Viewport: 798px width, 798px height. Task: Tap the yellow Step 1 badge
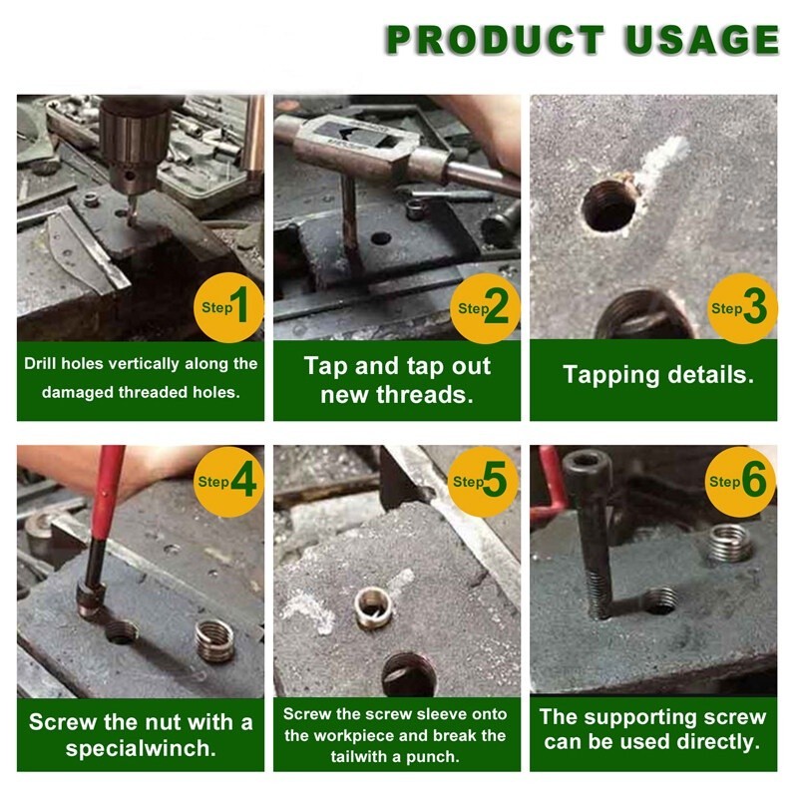[228, 307]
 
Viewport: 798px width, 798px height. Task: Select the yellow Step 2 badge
[485, 308]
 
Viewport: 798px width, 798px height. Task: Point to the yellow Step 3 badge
[742, 308]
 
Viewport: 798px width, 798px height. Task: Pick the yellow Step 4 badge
[228, 482]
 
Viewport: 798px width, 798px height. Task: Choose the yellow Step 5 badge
[483, 482]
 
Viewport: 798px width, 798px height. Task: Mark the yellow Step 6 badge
[740, 482]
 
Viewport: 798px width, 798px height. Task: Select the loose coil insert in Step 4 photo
[214, 640]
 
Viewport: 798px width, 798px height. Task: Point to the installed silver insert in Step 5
[373, 607]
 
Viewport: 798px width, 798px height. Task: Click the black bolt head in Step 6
[587, 468]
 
